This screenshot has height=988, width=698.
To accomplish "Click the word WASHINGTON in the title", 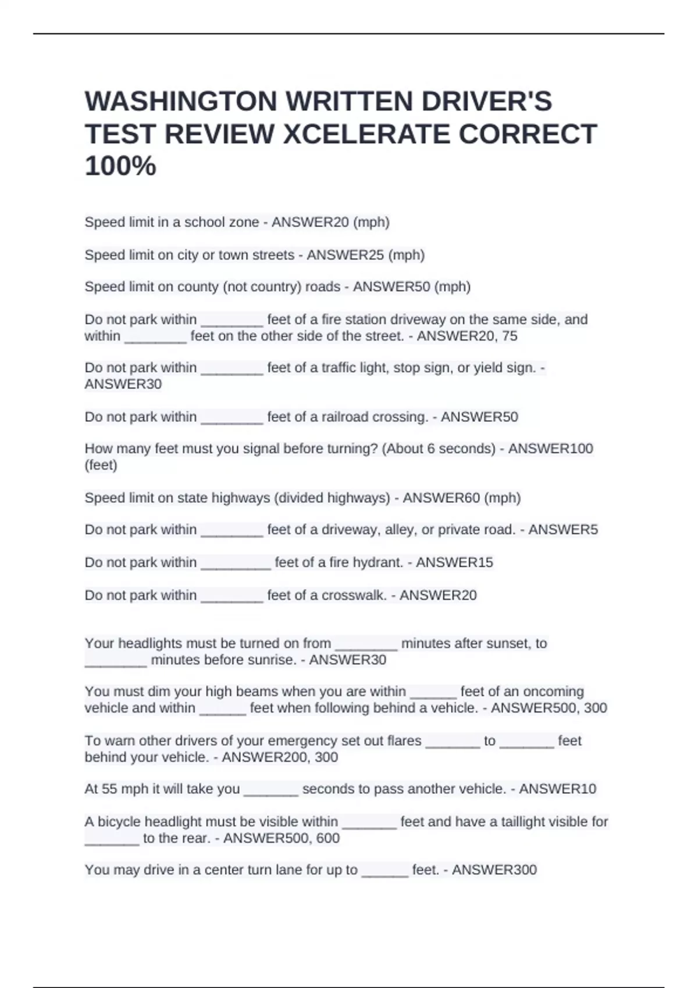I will pyautogui.click(x=181, y=101).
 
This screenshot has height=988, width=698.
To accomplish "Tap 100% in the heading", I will pyautogui.click(x=120, y=166).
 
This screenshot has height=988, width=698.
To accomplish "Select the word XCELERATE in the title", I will pyautogui.click(x=366, y=134).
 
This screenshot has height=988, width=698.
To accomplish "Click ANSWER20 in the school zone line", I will pyautogui.click(x=311, y=222).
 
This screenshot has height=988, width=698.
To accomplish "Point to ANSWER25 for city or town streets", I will pyautogui.click(x=346, y=255).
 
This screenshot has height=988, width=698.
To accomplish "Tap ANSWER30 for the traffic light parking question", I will pyautogui.click(x=123, y=384).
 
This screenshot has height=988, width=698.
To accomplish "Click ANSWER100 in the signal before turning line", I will pyautogui.click(x=551, y=449).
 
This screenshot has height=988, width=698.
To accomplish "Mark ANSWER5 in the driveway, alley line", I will pyautogui.click(x=563, y=529).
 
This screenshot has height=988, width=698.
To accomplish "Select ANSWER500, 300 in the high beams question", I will pyautogui.click(x=549, y=708).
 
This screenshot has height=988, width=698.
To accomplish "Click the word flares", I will pyautogui.click(x=404, y=740).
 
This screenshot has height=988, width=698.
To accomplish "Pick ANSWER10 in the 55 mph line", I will pyautogui.click(x=558, y=789).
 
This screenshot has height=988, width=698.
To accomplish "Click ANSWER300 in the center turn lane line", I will pyautogui.click(x=494, y=869).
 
